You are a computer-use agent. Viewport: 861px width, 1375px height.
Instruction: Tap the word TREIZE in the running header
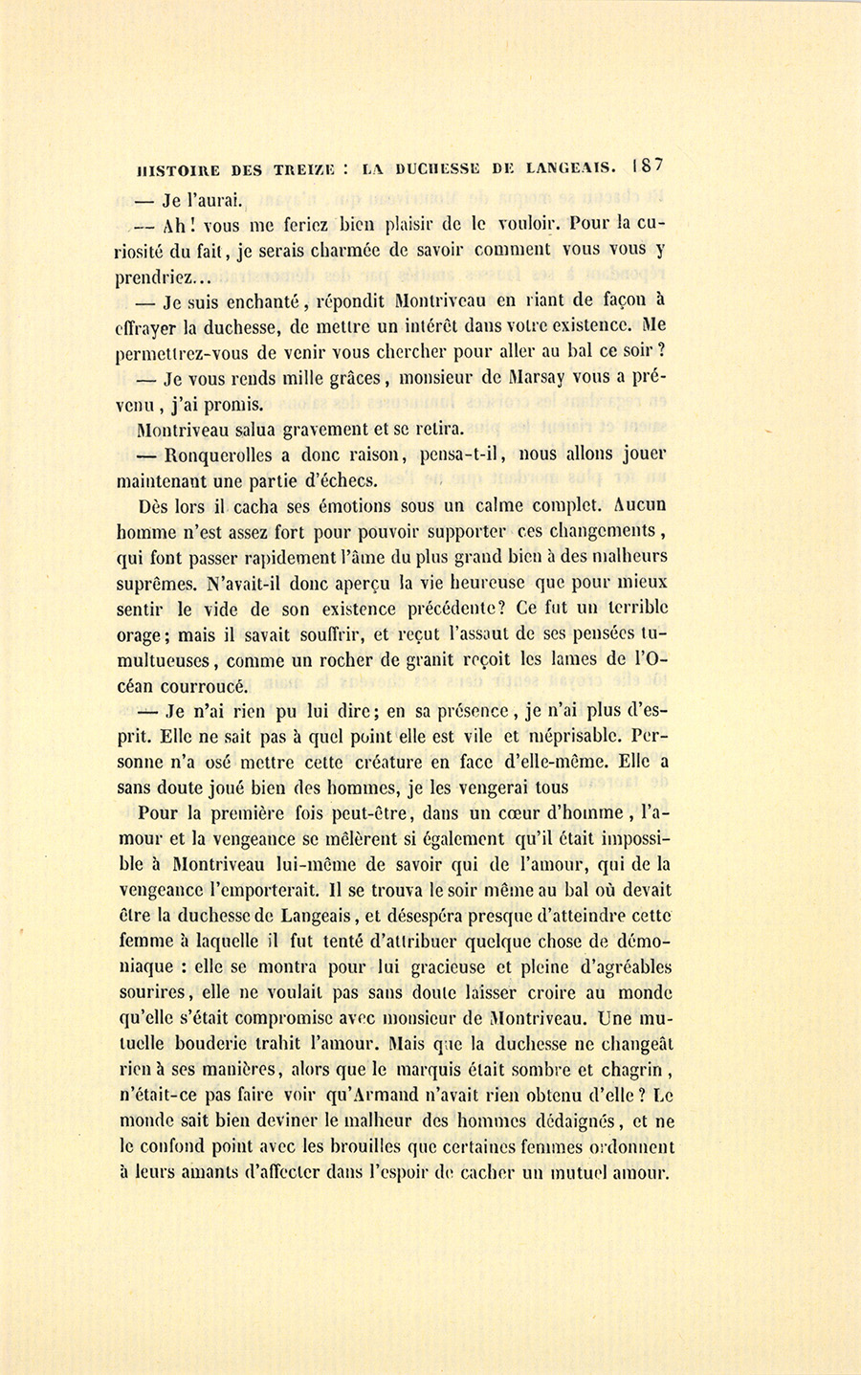point(305,169)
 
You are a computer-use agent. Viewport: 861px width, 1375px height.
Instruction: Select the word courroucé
point(204,686)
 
